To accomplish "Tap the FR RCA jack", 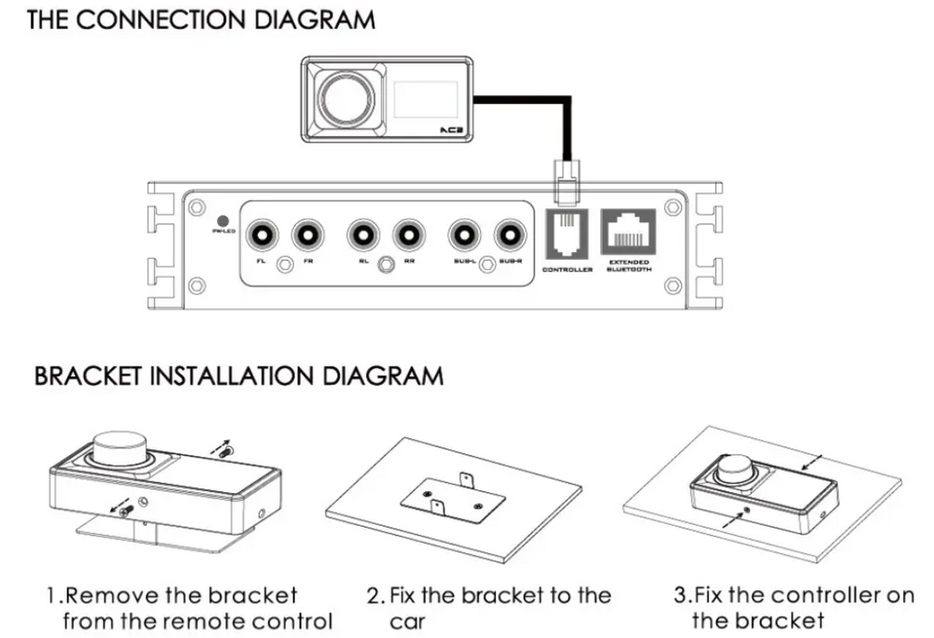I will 305,233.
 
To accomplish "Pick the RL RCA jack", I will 362,233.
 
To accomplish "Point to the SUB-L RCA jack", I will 464,233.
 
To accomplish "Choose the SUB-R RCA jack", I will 510,233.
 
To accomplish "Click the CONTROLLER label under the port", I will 567,270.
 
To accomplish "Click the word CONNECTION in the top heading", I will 177,20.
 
